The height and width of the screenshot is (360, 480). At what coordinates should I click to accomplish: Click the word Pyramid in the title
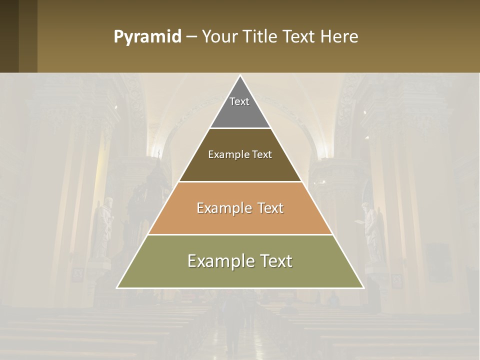tap(147, 37)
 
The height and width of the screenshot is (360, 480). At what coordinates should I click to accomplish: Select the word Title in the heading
tap(261, 37)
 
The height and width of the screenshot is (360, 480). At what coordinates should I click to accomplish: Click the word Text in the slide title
tap(299, 37)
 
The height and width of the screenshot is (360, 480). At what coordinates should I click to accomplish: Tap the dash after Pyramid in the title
tap(191, 37)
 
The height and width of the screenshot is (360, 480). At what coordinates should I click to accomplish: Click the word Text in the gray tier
tap(239, 101)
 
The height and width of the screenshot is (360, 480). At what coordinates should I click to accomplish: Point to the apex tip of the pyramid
tap(240, 76)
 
